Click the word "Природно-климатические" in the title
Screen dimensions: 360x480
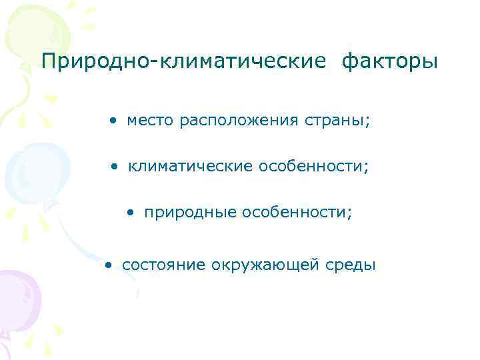184,62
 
